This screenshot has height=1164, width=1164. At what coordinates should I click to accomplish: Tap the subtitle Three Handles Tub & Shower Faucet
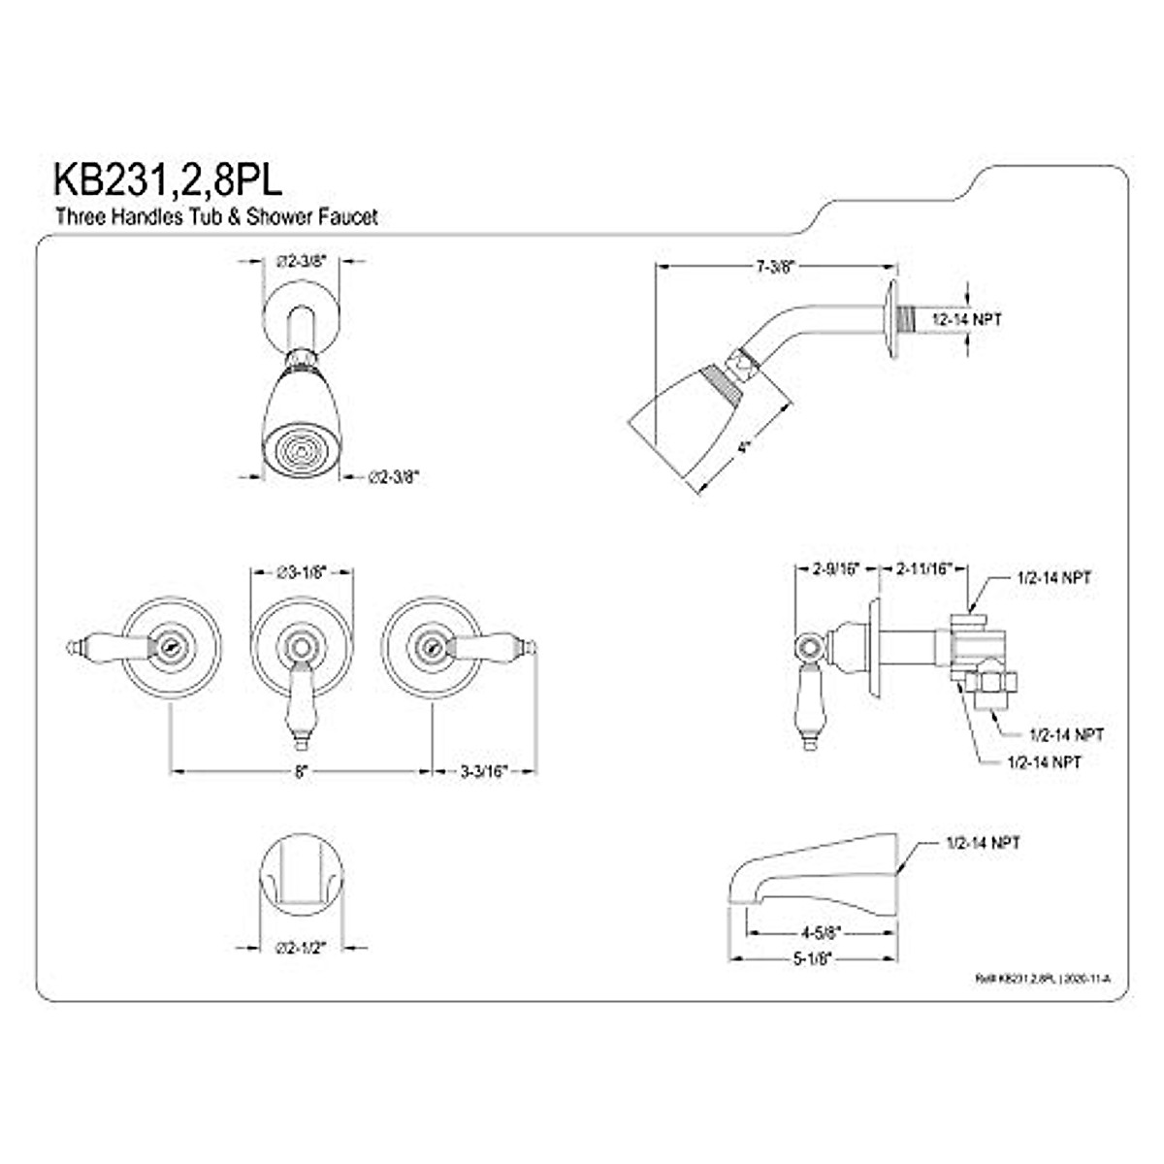click(x=215, y=217)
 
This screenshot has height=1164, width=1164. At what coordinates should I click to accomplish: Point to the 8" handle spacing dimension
click(x=301, y=771)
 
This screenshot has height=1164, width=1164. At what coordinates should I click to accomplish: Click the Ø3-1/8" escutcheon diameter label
click(x=301, y=572)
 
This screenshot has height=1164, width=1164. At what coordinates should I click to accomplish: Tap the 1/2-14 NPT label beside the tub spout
click(x=982, y=844)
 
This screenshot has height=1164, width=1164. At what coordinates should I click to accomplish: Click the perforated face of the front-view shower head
click(x=301, y=451)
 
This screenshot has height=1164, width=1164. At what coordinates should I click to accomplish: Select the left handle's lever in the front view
click(x=107, y=642)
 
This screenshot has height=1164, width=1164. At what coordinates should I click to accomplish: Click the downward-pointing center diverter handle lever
click(x=301, y=708)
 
